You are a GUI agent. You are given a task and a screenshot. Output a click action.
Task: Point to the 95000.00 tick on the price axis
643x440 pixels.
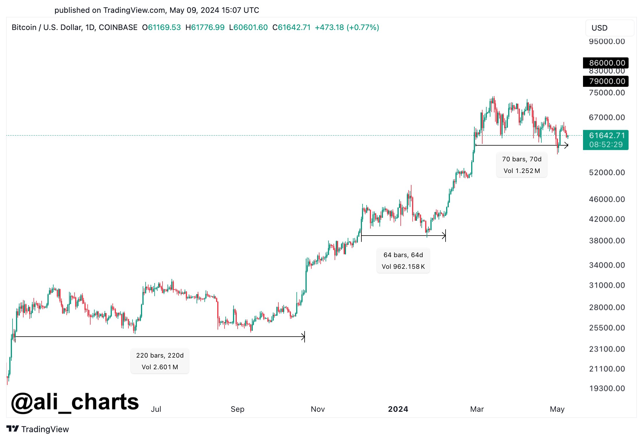607,41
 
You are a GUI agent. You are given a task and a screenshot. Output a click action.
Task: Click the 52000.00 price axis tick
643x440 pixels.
607,172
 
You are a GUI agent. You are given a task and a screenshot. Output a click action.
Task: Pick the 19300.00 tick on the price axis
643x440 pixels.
607,388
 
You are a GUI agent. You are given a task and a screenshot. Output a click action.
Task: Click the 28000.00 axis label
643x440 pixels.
607,307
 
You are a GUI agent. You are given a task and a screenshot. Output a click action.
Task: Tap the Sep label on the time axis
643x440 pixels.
237,409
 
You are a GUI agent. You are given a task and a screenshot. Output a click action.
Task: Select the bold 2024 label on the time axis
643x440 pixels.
398,409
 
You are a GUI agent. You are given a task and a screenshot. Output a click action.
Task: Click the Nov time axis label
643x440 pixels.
318,409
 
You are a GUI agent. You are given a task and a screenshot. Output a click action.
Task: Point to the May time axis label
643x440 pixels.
557,409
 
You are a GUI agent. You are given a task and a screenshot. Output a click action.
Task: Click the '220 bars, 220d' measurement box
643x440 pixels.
160,361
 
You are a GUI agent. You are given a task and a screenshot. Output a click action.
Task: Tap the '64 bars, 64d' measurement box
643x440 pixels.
403,261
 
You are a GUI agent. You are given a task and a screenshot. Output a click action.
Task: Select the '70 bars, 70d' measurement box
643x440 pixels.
522,165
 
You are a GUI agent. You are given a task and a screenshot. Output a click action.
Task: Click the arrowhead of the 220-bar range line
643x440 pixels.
303,337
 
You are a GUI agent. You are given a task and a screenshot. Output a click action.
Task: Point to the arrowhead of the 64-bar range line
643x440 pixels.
444,236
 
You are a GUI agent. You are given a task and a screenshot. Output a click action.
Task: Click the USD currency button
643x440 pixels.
609,28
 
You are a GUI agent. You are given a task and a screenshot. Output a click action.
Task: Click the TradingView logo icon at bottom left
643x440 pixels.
13,429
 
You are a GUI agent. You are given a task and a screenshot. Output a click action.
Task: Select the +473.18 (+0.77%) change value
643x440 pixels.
347,27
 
